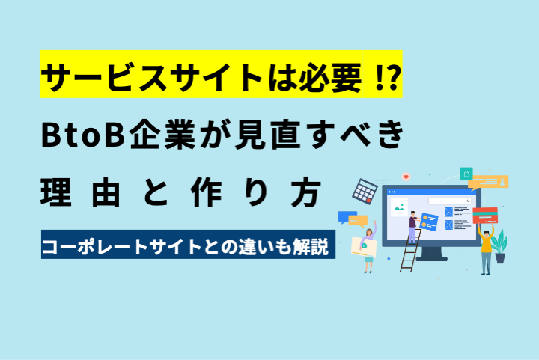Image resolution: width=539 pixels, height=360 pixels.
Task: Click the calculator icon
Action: point(365,191)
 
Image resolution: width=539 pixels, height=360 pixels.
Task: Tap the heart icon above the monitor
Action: point(406,177)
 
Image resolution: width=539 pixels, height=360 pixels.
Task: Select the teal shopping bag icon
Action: point(466,174)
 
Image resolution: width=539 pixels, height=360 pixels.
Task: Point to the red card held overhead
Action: point(485,216)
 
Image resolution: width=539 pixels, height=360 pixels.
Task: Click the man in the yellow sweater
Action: point(486,248)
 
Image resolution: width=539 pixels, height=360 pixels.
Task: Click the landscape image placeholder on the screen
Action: point(399,207)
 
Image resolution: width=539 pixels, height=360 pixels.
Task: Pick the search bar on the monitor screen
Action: point(449,201)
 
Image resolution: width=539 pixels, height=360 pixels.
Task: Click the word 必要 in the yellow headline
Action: point(330,78)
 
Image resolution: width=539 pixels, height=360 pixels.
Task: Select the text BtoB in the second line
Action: point(83,135)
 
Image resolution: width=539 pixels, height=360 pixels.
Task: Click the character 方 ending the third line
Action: point(306,192)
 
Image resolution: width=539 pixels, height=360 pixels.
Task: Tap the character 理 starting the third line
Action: point(56,192)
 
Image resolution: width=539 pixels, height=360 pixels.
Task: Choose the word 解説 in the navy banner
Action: point(311,246)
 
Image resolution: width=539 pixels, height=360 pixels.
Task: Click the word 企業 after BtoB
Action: point(162,134)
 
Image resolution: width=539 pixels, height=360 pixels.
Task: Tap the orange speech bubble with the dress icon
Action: point(488,183)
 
